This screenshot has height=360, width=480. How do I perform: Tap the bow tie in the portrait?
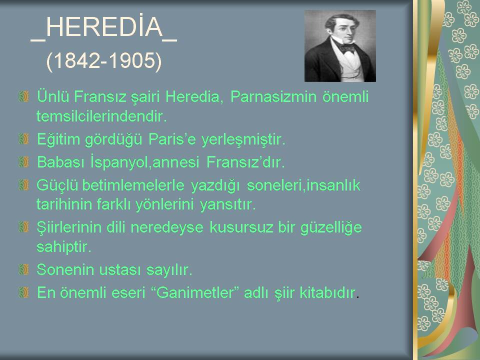click(x=347, y=48)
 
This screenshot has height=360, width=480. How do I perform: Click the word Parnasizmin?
click(x=273, y=96)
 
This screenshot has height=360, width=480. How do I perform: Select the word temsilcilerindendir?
click(x=101, y=116)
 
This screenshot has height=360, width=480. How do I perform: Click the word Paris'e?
click(x=172, y=139)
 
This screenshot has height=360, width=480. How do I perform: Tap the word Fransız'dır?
click(x=245, y=162)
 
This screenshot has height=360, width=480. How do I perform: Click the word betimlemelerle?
click(x=133, y=185)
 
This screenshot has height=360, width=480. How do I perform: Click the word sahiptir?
click(x=63, y=246)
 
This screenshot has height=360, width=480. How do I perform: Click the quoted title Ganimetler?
click(x=195, y=292)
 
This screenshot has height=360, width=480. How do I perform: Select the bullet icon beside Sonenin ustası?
click(x=23, y=269)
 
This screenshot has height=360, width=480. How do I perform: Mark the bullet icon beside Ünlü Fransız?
click(x=23, y=96)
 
